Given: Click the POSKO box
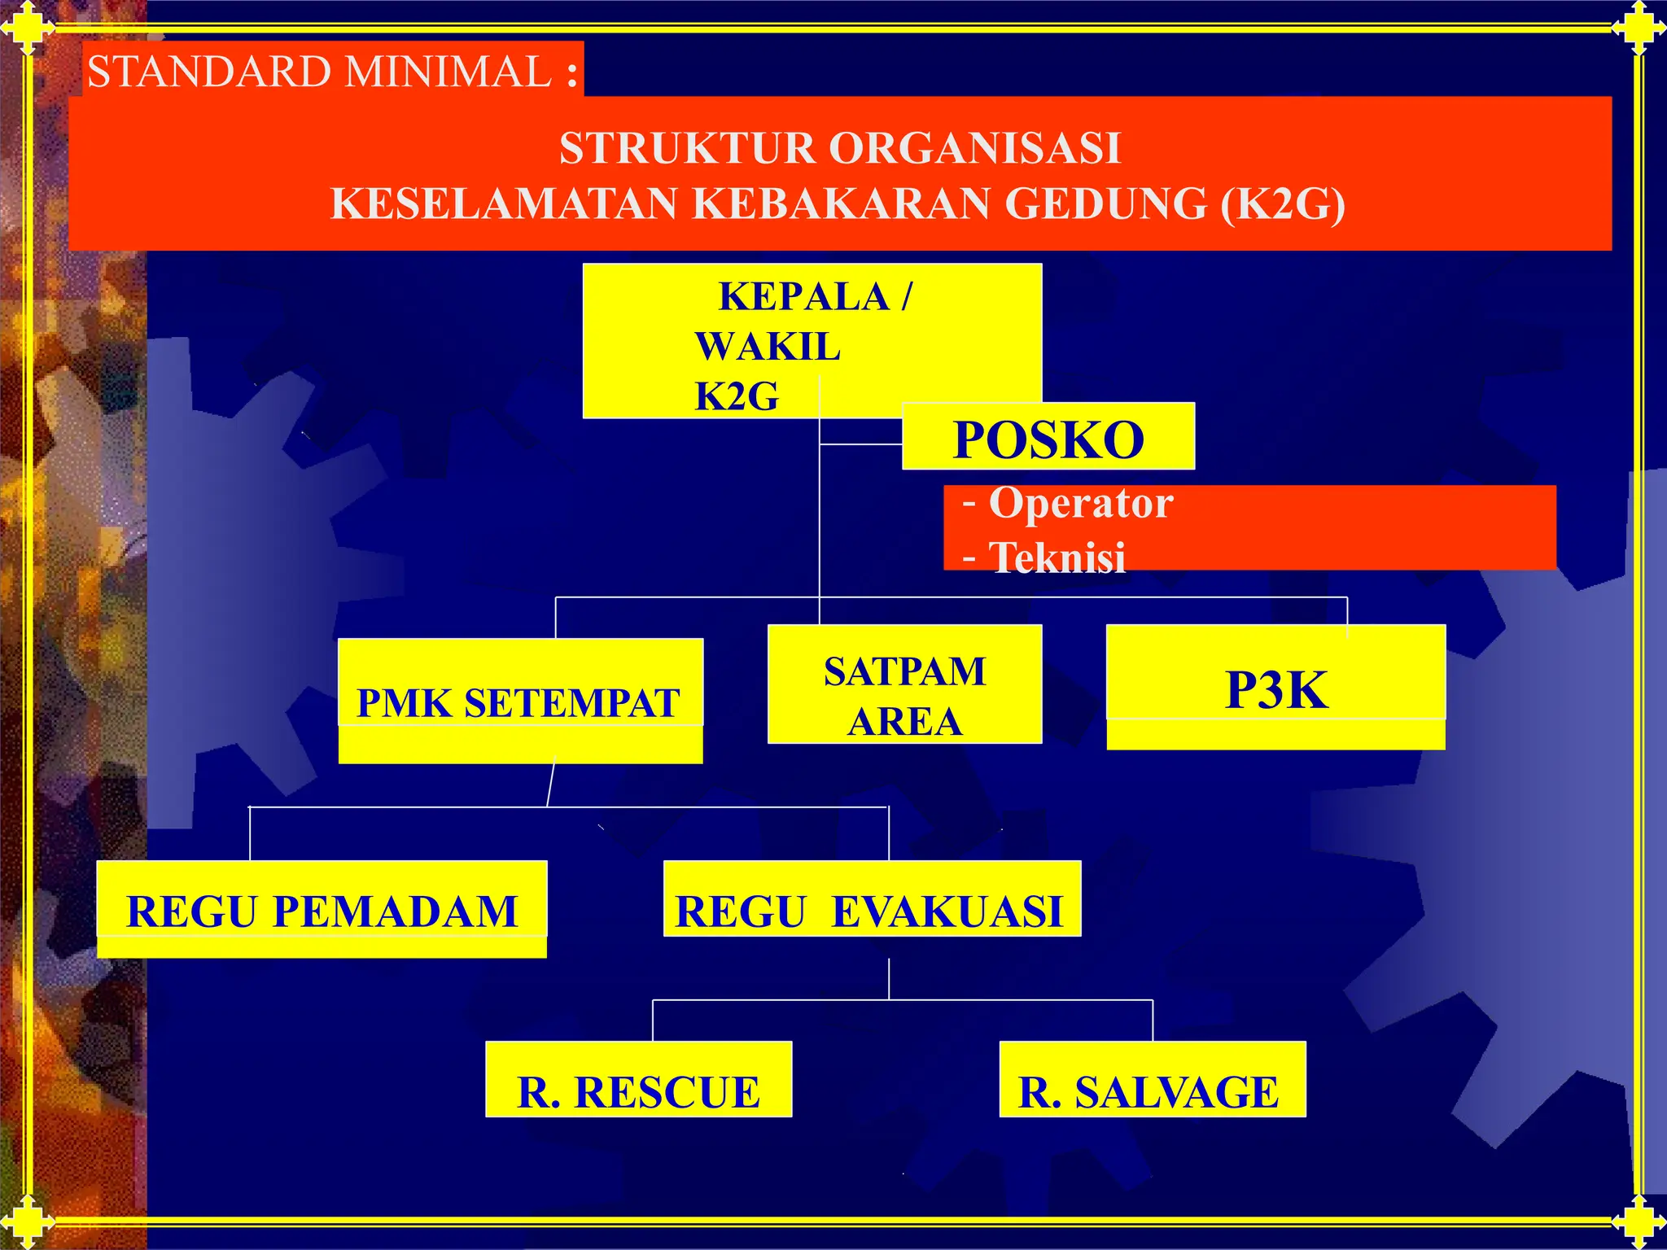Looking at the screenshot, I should point(1048,438).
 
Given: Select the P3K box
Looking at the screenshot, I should point(1275,688).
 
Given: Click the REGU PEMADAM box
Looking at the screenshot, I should point(322,908).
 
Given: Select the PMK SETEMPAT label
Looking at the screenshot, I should point(518,702).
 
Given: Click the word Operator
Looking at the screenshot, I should point(1080,504).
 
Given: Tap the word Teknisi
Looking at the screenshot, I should point(1057,558).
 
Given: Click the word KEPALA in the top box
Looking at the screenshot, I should point(803,296).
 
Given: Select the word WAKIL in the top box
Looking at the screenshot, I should point(767,347).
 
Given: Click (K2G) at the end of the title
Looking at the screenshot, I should point(1282,203).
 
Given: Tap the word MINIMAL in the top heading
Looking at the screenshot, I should point(447,72).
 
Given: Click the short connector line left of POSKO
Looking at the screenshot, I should point(860,444).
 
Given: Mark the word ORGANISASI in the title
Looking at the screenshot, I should point(974,149).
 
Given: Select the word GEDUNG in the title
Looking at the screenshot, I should point(1106,203).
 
